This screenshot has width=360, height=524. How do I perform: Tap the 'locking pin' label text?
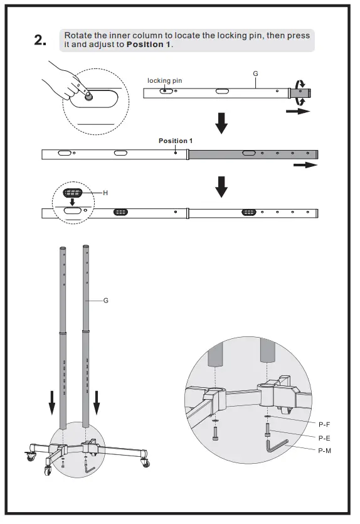[x=164, y=80]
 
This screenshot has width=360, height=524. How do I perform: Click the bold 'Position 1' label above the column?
[x=175, y=141]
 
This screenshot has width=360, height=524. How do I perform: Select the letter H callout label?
[x=105, y=193]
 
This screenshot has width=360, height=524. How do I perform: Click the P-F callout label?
[x=324, y=425]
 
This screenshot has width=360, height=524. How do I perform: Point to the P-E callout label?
[x=324, y=438]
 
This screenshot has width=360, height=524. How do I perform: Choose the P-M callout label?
[x=324, y=451]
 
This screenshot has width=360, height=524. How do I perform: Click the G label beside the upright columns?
[x=105, y=301]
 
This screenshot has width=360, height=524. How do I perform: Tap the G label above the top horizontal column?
[x=255, y=73]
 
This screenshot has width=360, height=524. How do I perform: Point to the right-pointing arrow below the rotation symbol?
[x=297, y=111]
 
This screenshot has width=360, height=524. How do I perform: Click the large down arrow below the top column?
[x=221, y=124]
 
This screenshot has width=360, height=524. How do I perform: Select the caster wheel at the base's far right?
[x=146, y=463]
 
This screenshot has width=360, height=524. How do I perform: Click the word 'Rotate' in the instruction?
[x=78, y=36]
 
